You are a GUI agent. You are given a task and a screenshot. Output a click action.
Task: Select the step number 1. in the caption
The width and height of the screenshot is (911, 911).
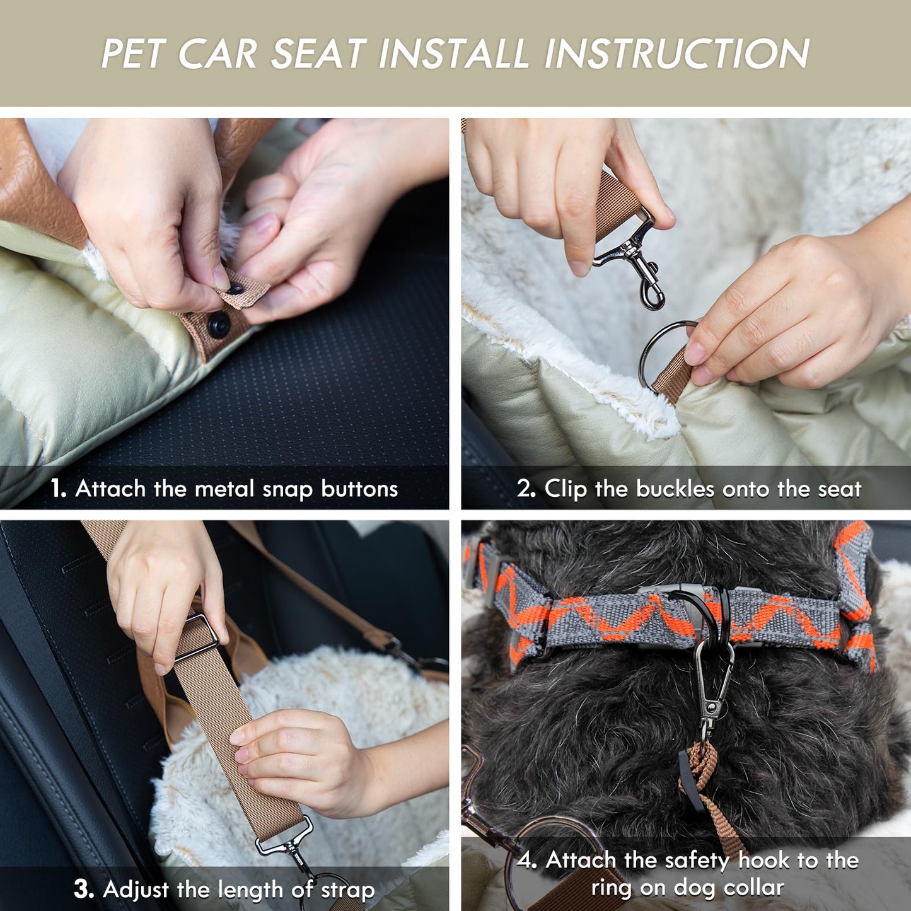tap(59, 489)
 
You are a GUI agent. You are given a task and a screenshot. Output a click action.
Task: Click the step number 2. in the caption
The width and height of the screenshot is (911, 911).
tap(526, 489)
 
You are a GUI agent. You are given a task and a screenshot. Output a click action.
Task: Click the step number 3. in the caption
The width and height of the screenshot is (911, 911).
tap(84, 890)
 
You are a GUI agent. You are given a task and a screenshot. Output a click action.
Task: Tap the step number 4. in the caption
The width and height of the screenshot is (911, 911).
tap(527, 860)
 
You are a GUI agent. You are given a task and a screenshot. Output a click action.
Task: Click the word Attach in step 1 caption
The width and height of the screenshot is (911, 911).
tap(110, 489)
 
